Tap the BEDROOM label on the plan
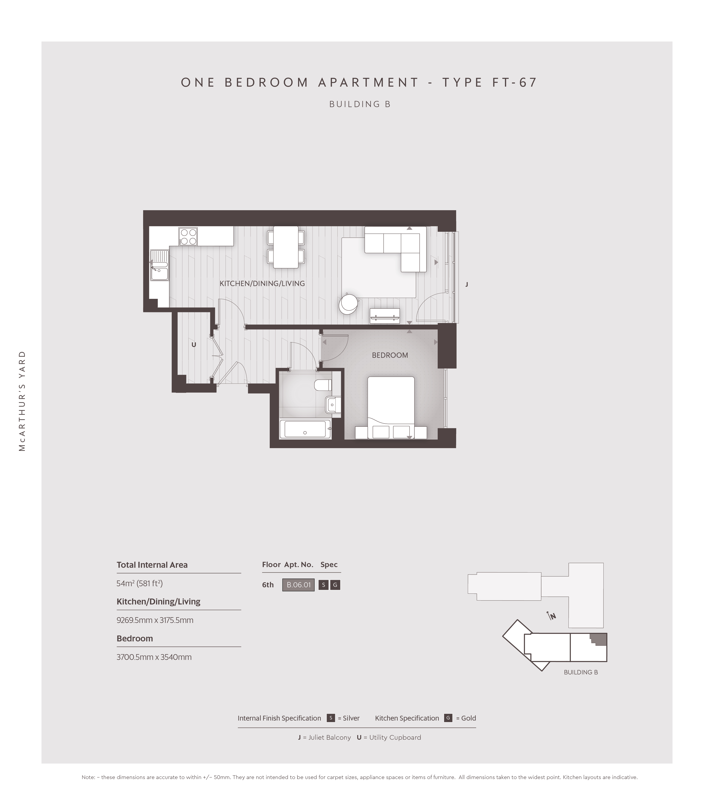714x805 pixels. pyautogui.click(x=390, y=355)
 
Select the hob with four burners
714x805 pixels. pyautogui.click(x=188, y=236)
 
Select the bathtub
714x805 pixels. pyautogui.click(x=305, y=429)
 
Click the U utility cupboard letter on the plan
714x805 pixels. pyautogui.click(x=194, y=345)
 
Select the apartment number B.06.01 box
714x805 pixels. pyautogui.click(x=299, y=585)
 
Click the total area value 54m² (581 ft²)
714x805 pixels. pyautogui.click(x=139, y=583)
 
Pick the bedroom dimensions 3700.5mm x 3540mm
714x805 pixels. pyautogui.click(x=154, y=657)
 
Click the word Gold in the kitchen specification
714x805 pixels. pyautogui.click(x=469, y=718)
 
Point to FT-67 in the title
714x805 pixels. pyautogui.click(x=515, y=82)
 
